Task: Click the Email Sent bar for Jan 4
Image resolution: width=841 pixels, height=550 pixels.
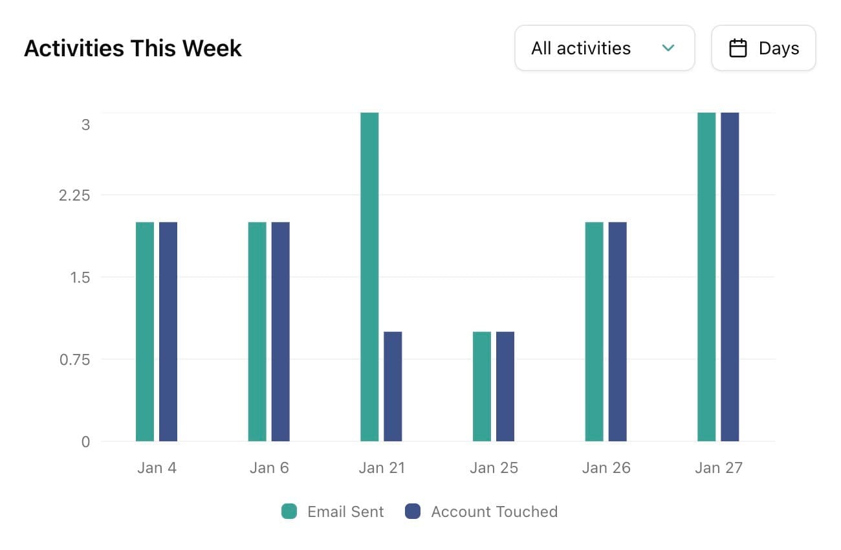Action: [x=145, y=331]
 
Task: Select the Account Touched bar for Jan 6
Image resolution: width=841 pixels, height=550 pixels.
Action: [x=280, y=331]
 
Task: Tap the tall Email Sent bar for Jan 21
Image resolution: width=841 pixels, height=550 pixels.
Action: [x=369, y=277]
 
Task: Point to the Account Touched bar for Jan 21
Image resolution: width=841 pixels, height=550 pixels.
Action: [x=393, y=386]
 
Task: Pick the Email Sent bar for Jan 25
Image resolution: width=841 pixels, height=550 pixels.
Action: [x=482, y=386]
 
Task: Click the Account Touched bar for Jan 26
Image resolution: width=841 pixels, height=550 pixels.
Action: [x=617, y=331]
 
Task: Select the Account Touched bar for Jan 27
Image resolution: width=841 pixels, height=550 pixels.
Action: [x=730, y=277]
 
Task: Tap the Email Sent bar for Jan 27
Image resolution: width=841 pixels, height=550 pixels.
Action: [x=706, y=277]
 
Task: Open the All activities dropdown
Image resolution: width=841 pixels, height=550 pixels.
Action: [x=604, y=48]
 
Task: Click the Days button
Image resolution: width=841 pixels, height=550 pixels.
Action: [x=763, y=48]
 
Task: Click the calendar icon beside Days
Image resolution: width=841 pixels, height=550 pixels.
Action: [x=738, y=48]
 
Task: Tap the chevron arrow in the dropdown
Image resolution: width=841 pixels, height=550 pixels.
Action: [x=669, y=48]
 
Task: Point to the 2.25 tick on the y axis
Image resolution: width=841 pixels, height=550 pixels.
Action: [x=74, y=195]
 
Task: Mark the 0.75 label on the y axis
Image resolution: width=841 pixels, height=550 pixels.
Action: [x=74, y=360]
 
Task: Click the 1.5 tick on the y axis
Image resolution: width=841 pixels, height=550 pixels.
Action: [x=80, y=278]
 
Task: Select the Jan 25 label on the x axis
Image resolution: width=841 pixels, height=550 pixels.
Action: [x=494, y=468]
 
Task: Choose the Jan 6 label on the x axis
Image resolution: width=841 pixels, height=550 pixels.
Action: [x=269, y=468]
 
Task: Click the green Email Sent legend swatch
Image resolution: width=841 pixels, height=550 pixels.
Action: [x=289, y=512]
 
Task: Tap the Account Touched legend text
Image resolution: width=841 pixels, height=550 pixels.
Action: [x=494, y=512]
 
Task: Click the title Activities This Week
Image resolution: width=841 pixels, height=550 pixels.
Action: [x=133, y=49]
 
